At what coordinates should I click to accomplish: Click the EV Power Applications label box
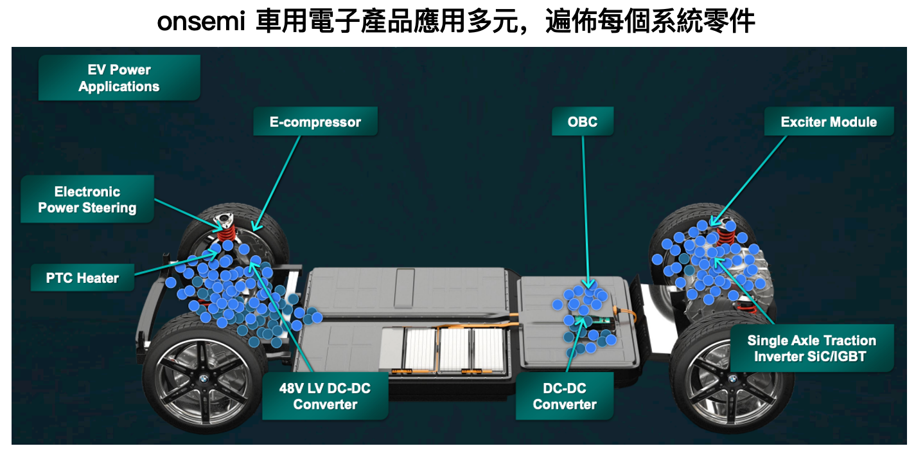(119, 78)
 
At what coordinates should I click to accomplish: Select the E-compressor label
(315, 121)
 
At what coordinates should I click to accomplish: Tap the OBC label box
(583, 121)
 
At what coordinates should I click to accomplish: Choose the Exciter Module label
(828, 121)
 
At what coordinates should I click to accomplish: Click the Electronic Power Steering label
(87, 199)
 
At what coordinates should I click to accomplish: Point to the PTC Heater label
(82, 278)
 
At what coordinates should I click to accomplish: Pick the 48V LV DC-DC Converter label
(324, 396)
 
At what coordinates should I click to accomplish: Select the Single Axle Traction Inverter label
(811, 348)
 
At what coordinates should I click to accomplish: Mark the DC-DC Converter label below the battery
(565, 396)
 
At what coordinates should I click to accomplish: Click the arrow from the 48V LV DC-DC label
(283, 315)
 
